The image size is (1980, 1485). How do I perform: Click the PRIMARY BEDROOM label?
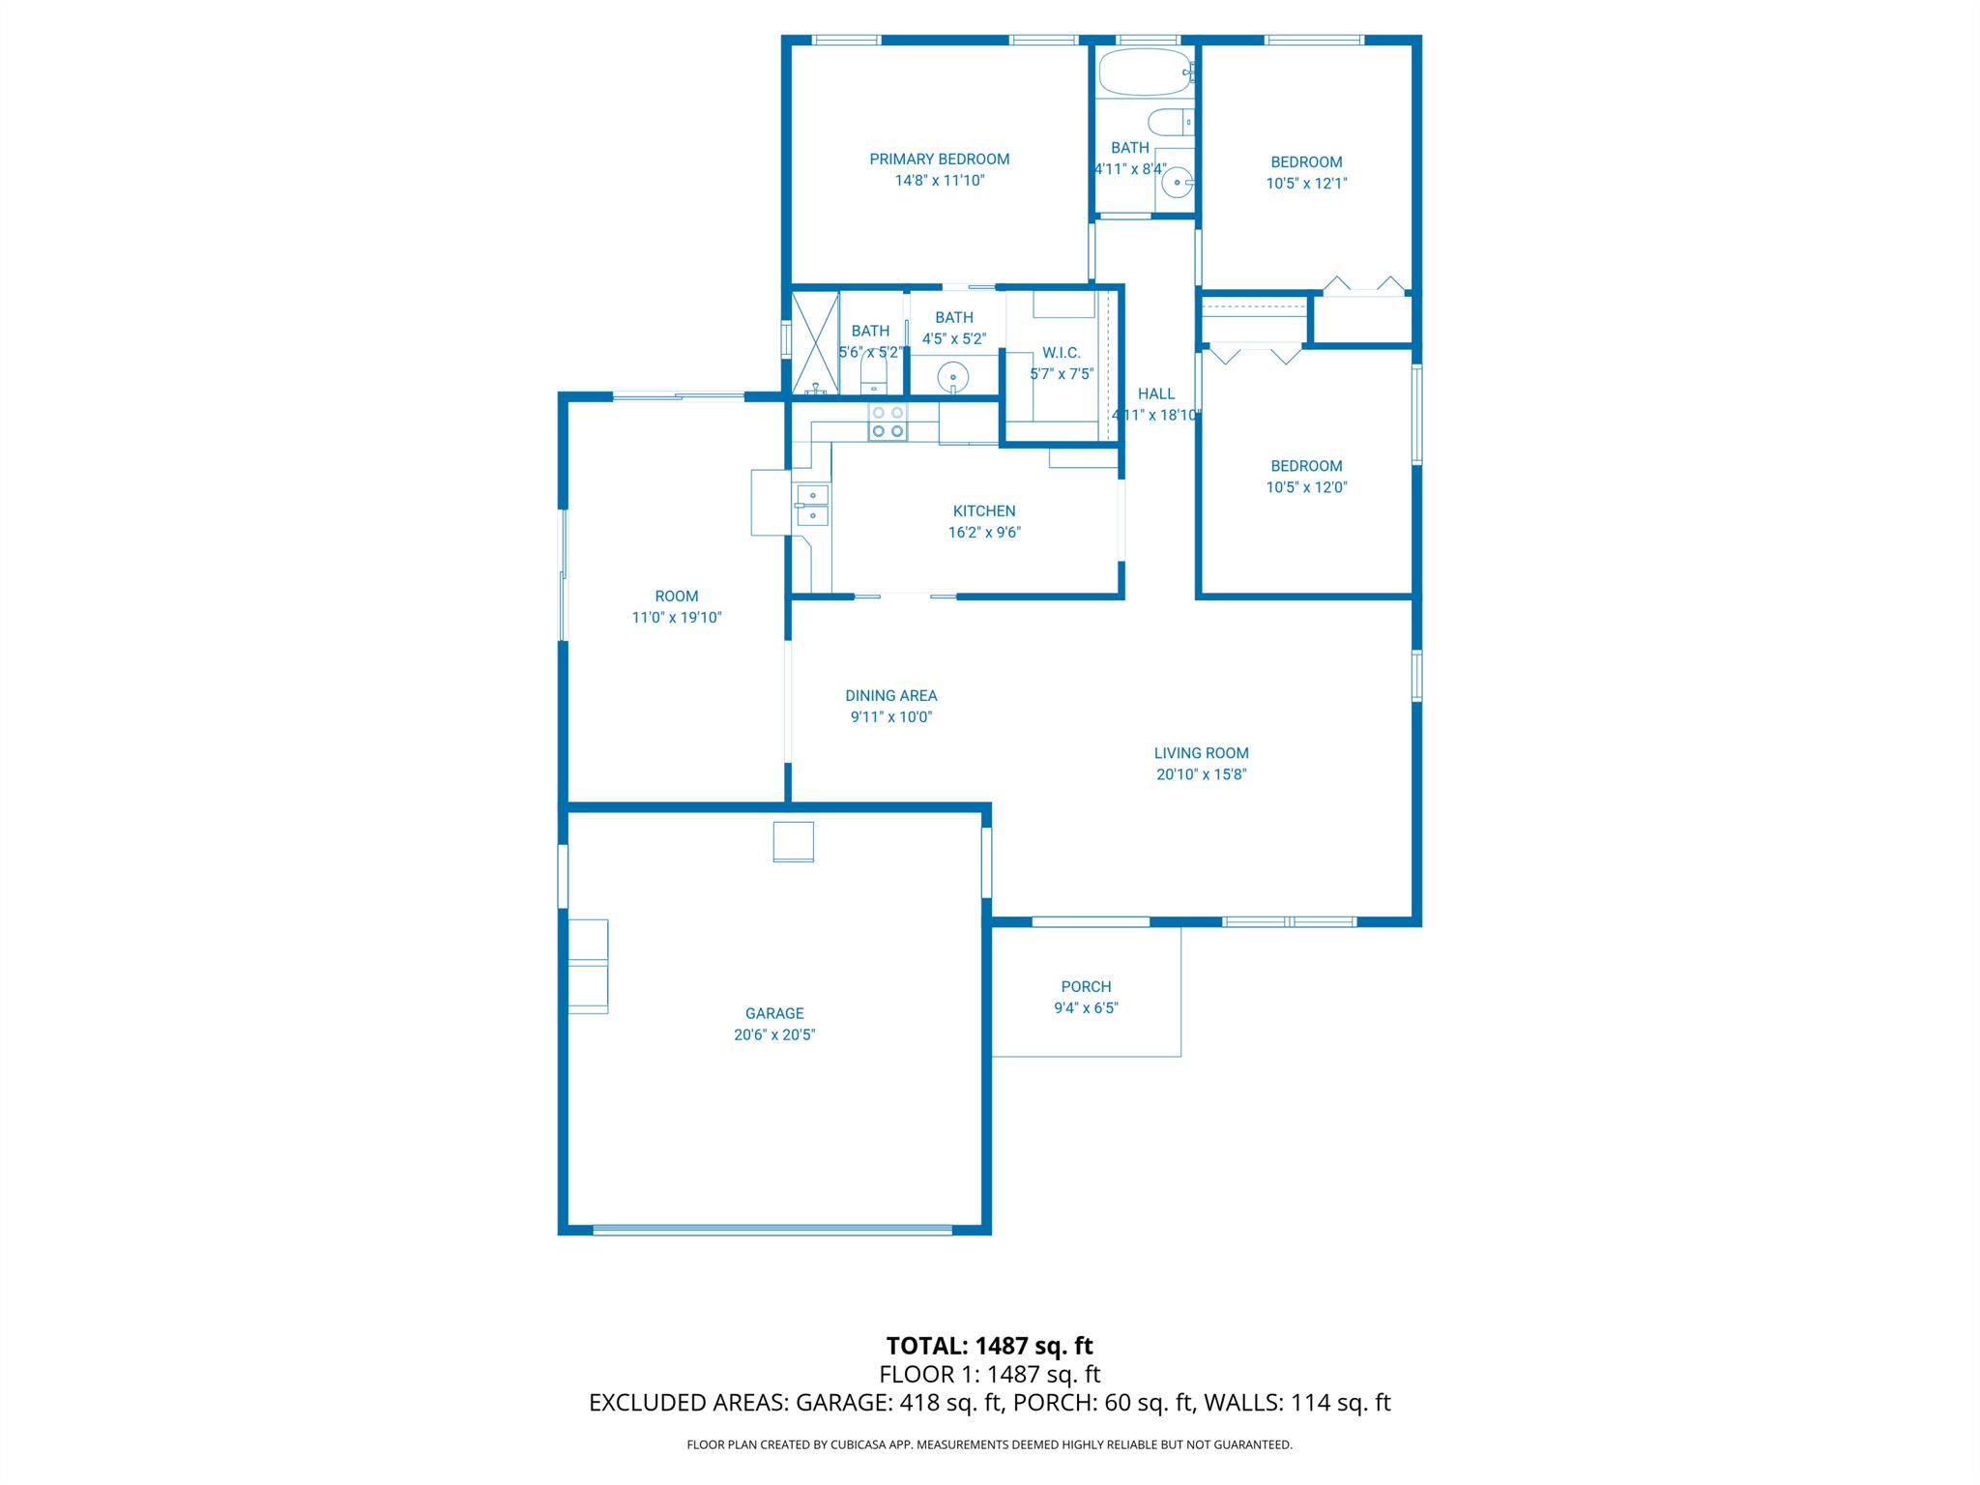point(939,160)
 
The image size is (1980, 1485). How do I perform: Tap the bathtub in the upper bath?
point(1145,73)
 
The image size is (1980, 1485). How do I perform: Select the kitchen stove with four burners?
point(888,422)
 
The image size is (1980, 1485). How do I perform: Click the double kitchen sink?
point(812,506)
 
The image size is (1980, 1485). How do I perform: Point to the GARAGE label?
point(773,1013)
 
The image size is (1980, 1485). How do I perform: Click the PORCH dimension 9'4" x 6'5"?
point(1086,1007)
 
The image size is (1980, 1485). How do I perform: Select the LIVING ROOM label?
point(1201,753)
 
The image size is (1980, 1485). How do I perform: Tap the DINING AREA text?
point(890,696)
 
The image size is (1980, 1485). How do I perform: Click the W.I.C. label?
point(1061,353)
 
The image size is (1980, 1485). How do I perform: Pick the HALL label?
point(1155,393)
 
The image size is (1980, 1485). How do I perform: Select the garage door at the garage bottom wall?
point(772,1230)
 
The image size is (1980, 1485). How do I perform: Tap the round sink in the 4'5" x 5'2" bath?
point(953,375)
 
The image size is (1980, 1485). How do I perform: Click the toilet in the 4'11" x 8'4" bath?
point(1167,123)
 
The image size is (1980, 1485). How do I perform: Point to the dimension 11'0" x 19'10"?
point(677,618)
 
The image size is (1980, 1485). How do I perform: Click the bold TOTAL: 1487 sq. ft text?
point(989,1346)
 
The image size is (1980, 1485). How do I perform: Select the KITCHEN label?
point(983,511)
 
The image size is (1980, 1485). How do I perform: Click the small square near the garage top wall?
point(793,841)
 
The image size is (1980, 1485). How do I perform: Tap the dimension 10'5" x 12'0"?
point(1306,487)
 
